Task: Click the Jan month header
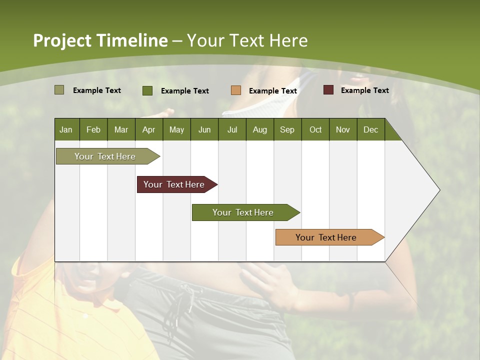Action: tap(66, 129)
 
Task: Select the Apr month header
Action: tap(148, 129)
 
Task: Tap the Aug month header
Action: tap(259, 129)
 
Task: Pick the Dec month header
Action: tap(370, 129)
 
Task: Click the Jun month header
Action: tap(204, 129)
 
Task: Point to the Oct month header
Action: tap(315, 129)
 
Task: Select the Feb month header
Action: tap(93, 129)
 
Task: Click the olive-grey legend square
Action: tap(59, 90)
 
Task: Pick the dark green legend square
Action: tap(147, 90)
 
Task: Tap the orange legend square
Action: tap(235, 90)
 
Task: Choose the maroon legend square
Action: tap(328, 90)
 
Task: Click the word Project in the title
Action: tap(62, 40)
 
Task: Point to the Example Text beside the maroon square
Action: tap(364, 90)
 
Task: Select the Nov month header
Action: tap(342, 129)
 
